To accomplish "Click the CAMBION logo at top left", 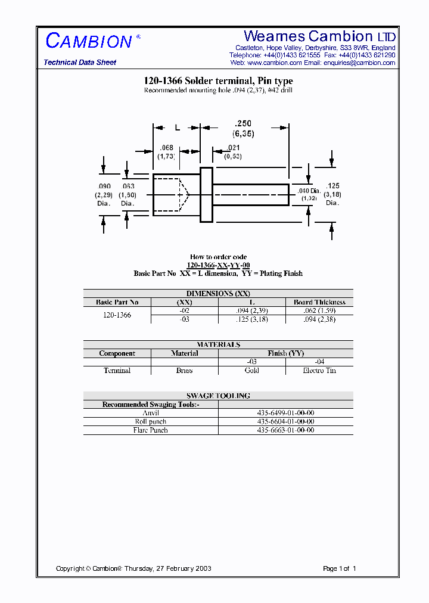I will coord(89,41).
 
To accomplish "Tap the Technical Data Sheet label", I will coord(80,63).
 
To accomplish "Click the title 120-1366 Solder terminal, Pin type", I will coord(218,81).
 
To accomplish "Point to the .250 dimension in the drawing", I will coord(243,123).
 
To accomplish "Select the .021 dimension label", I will coord(234,148).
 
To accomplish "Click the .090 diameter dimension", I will coord(104,187).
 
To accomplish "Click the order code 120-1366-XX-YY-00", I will coord(218,265).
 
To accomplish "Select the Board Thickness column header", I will coord(319,302).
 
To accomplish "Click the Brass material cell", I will coord(184,371).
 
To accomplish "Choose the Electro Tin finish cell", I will coord(319,371).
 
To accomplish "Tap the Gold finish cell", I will coord(251,371).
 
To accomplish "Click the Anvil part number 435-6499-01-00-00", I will coord(285,413).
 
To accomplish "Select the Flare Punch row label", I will coord(151,430).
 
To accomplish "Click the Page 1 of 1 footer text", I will coord(339,568).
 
